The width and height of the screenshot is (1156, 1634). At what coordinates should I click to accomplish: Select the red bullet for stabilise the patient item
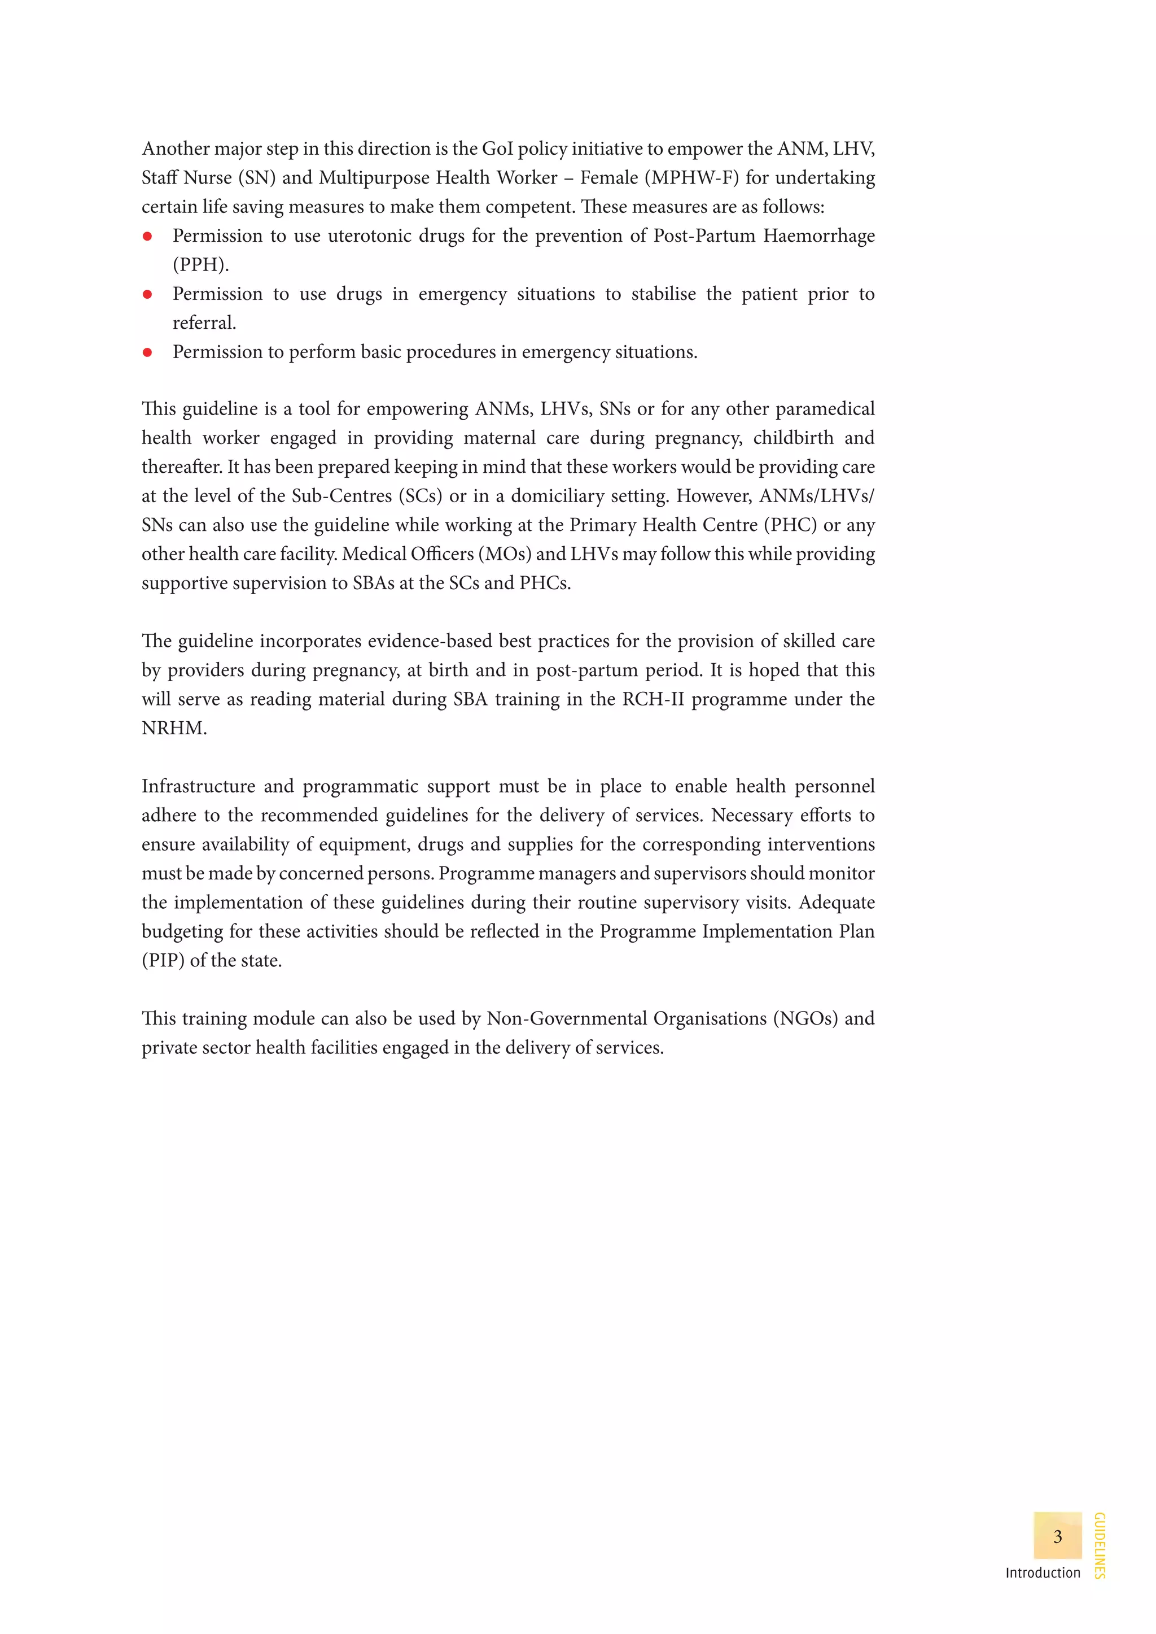[147, 294]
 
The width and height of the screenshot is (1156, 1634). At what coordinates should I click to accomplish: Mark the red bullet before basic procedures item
[147, 352]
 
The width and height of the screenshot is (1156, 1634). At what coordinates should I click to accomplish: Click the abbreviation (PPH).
[201, 265]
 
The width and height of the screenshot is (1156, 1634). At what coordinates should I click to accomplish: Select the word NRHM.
[174, 728]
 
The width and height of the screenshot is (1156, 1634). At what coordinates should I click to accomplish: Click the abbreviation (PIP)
[163, 960]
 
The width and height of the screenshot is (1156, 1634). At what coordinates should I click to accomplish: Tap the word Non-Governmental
[567, 1018]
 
